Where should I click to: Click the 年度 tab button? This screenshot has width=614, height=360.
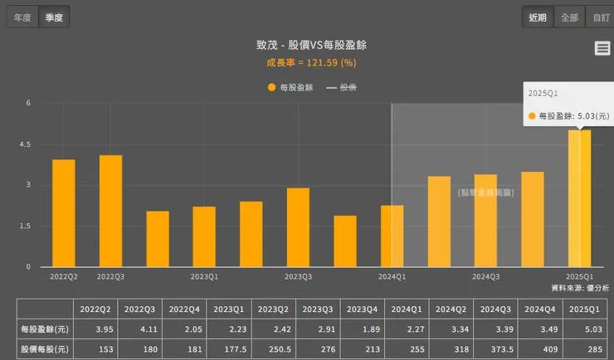[x=22, y=17]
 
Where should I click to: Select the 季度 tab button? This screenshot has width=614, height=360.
[x=55, y=17]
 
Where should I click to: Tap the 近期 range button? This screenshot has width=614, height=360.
[x=537, y=17]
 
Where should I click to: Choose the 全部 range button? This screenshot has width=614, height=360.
[x=569, y=17]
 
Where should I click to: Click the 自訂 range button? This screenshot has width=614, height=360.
[x=598, y=17]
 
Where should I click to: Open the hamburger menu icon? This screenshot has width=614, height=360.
[x=602, y=48]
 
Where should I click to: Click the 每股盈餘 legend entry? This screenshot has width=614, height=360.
[x=290, y=87]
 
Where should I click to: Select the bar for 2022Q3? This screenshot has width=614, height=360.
[x=110, y=211]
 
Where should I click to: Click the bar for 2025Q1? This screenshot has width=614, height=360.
[x=579, y=198]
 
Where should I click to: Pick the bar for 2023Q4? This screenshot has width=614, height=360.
[x=345, y=241]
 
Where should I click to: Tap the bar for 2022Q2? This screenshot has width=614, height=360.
[x=64, y=213]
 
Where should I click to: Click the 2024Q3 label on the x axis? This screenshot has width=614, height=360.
[x=485, y=276]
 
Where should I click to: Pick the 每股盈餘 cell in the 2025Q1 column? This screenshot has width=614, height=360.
[x=585, y=329]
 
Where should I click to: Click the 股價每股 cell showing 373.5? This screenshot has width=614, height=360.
[x=495, y=349]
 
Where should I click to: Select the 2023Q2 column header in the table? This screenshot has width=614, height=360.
[x=273, y=309]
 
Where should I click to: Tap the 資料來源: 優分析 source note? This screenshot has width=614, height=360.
[x=580, y=287]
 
